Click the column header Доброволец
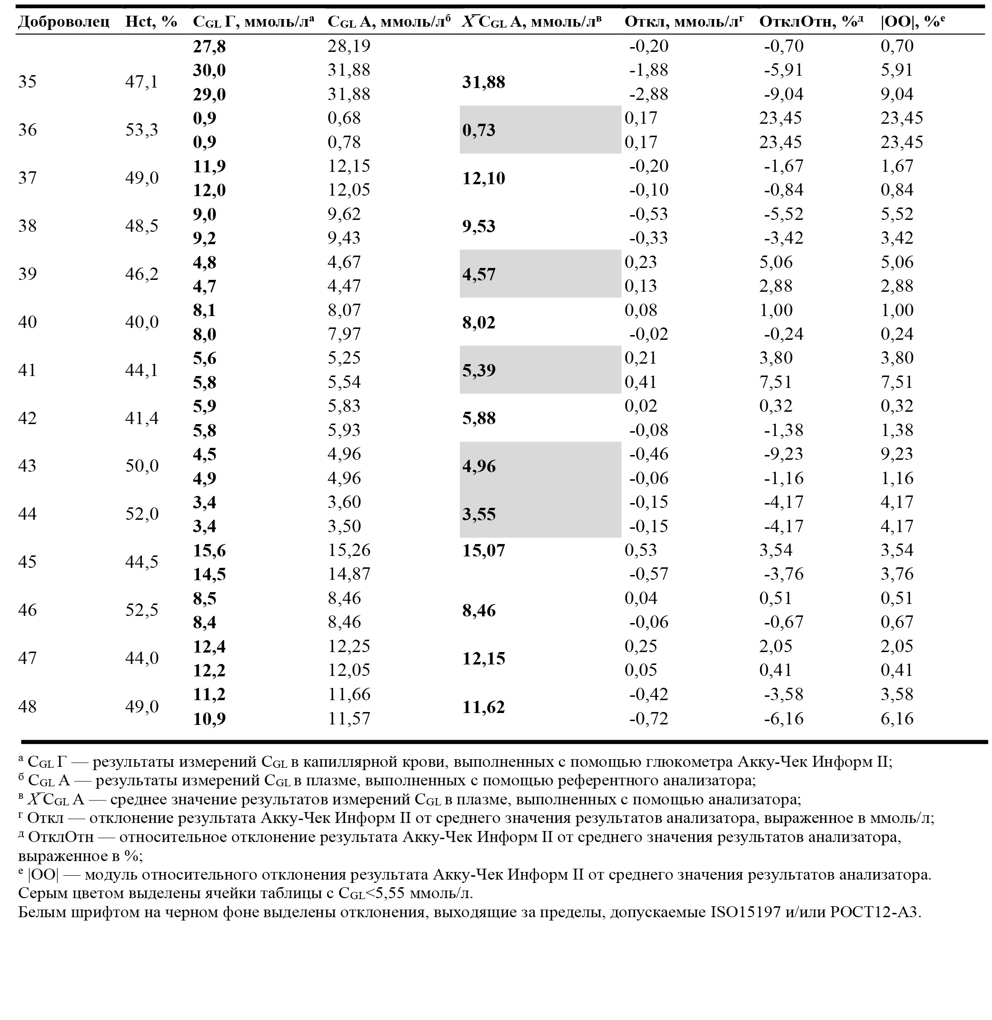click(64, 22)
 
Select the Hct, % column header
click(151, 22)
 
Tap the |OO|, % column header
click(913, 22)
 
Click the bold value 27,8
click(209, 46)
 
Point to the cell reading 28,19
click(348, 46)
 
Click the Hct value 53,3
click(141, 130)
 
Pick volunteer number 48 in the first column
click(28, 706)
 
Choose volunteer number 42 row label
click(28, 418)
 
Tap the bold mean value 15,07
click(484, 551)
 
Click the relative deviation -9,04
click(784, 94)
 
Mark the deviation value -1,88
click(649, 70)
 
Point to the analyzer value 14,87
click(348, 574)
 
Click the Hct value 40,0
click(142, 322)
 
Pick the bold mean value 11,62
click(484, 707)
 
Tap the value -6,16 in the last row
click(784, 719)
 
